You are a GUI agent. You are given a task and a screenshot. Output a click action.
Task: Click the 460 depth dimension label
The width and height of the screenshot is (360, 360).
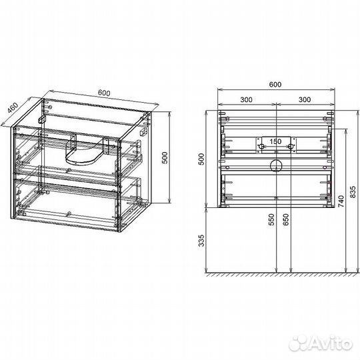(x=13, y=108)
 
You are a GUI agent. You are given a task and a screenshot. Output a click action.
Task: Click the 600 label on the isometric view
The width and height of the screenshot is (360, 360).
(x=104, y=93)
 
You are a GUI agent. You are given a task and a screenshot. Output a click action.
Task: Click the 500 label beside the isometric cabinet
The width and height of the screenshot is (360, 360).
(x=165, y=157)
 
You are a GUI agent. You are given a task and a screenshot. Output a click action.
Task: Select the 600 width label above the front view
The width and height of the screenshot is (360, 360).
(x=275, y=85)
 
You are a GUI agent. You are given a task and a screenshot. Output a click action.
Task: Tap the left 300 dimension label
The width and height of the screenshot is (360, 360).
(x=246, y=99)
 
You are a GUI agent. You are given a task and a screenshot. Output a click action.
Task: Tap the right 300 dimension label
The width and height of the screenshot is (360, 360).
(x=305, y=99)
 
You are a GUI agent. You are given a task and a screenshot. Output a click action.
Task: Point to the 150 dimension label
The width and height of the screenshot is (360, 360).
(x=275, y=141)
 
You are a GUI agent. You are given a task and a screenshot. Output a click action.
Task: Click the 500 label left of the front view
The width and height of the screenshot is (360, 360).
(x=201, y=159)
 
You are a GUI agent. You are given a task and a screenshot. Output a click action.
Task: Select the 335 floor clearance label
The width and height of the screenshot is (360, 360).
(x=201, y=241)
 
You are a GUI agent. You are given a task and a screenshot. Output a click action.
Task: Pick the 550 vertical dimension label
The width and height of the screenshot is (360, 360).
(x=271, y=219)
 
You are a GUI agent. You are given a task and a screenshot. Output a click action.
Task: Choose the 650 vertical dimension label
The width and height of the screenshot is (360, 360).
(x=285, y=219)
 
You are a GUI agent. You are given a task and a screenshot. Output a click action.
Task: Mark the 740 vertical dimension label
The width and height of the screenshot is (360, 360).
(x=341, y=201)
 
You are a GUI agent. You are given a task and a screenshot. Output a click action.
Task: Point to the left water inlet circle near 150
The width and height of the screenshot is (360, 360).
(x=261, y=146)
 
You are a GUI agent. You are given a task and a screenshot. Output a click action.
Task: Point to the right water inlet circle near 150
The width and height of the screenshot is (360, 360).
(x=291, y=146)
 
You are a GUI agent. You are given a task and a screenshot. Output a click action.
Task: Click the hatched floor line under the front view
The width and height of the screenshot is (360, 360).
(x=282, y=274)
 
